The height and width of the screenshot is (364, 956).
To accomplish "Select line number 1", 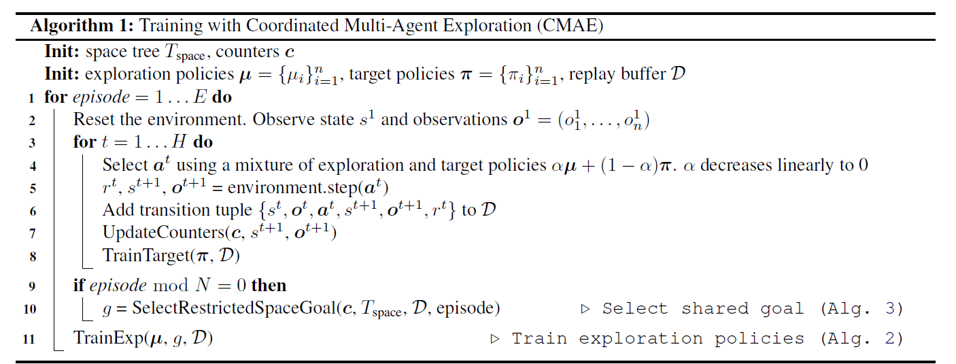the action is (x=31, y=97).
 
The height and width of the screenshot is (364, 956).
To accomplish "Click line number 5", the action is (x=31, y=188).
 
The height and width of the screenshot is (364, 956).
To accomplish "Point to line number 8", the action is (x=31, y=257).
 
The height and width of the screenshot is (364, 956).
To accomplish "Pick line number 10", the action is (x=29, y=309).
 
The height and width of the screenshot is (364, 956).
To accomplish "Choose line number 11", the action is (x=29, y=338).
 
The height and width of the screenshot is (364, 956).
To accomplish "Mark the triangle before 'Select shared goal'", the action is (x=585, y=309).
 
